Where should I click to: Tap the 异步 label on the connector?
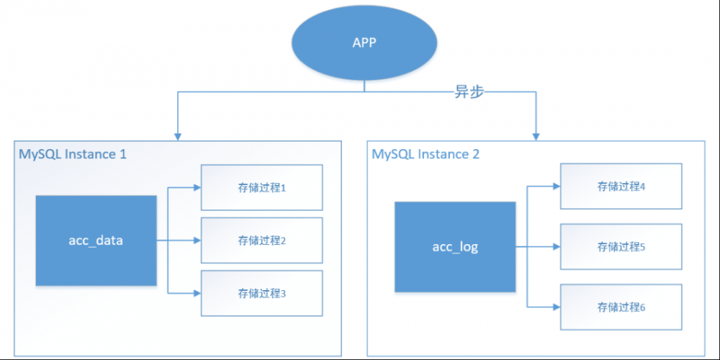pos(473,92)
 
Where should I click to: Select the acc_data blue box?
pos(96,240)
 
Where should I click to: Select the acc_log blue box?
pos(455,247)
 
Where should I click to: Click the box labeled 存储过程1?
pos(262,188)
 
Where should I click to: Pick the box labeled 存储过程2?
pos(262,240)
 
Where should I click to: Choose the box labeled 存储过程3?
pos(262,293)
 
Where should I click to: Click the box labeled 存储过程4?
pos(621,186)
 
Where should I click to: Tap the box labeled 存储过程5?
pos(621,247)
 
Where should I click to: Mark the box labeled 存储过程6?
pos(621,307)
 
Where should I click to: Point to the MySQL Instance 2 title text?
pos(426,154)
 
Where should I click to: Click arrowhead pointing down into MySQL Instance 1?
pos(176,135)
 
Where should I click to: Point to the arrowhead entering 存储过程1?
pos(196,188)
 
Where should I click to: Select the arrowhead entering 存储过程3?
pos(196,293)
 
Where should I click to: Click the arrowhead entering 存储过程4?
pos(555,186)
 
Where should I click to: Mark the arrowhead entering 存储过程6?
pos(555,307)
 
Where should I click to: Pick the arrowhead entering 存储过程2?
pos(196,240)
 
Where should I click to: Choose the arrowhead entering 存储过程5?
pos(555,247)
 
